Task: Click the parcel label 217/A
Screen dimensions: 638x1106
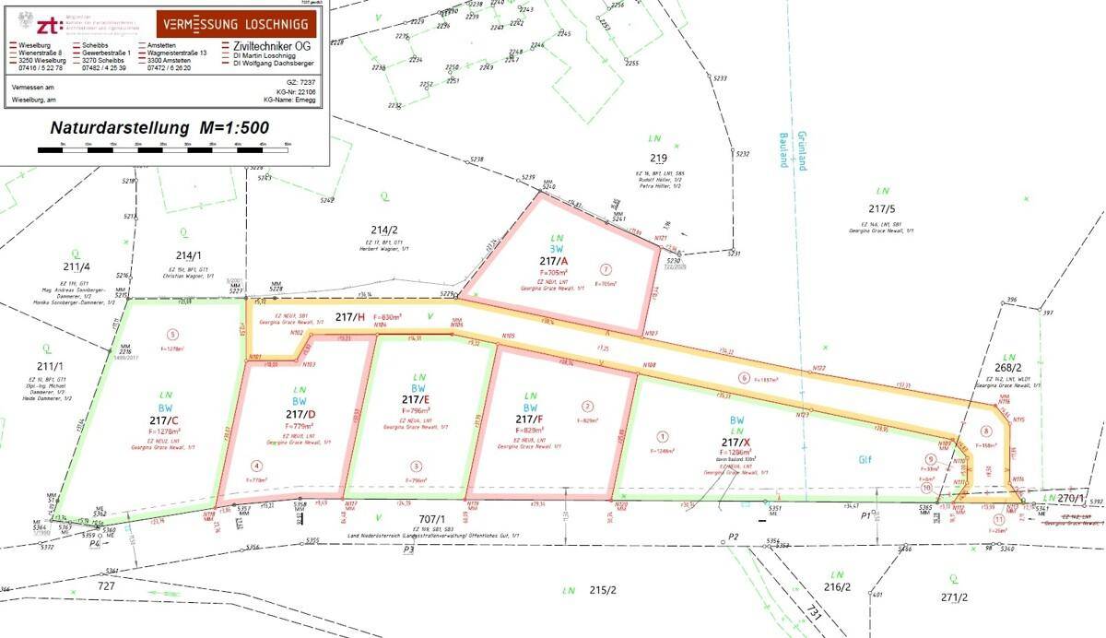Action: (553, 262)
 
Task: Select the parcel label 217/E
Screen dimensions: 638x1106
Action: (416, 399)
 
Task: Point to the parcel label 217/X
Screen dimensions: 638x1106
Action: (737, 442)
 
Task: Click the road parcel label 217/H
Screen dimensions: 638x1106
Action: (349, 317)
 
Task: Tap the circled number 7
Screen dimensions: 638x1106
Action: (606, 269)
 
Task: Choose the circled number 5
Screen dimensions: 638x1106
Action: (171, 335)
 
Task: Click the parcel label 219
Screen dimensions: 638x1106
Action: (657, 158)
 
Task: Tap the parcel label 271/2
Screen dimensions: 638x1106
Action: (955, 597)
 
